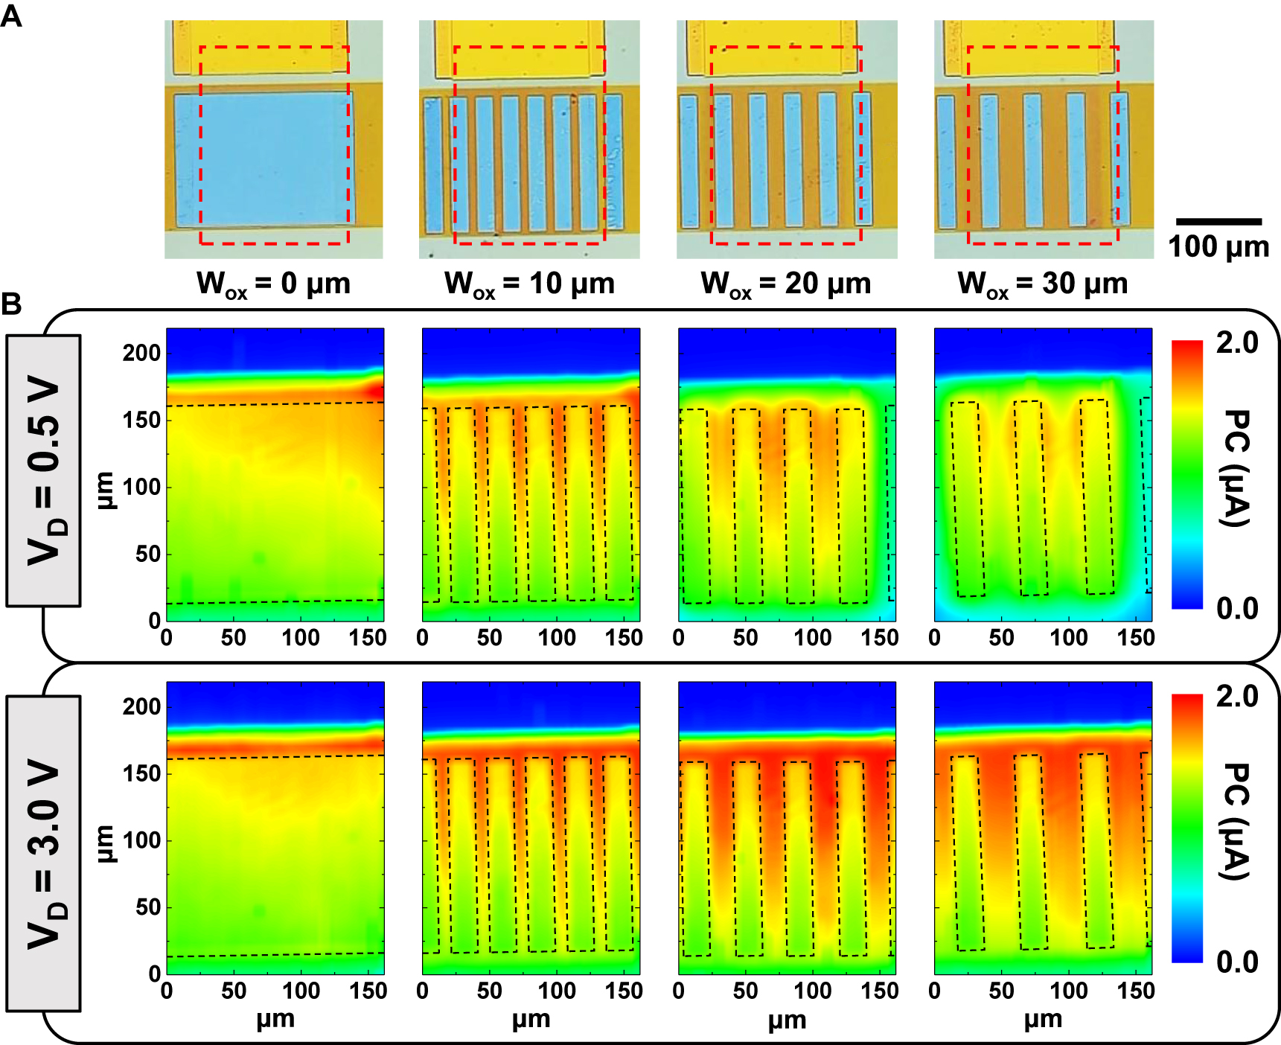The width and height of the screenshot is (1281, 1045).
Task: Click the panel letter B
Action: click(x=11, y=304)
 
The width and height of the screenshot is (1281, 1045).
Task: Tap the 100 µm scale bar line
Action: click(x=1218, y=222)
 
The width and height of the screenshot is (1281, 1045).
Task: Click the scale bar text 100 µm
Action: click(x=1218, y=247)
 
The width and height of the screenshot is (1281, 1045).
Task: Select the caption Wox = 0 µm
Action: click(x=273, y=284)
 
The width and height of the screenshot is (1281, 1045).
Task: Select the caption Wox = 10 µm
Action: click(x=529, y=284)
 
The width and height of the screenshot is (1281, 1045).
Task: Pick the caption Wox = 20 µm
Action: click(x=786, y=284)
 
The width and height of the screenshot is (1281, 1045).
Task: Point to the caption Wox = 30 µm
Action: click(x=1043, y=284)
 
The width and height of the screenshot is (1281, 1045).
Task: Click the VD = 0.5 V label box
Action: click(x=43, y=470)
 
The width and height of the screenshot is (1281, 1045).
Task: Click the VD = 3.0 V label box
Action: click(x=43, y=853)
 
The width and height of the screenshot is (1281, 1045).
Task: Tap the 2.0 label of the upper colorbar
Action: click(x=1237, y=343)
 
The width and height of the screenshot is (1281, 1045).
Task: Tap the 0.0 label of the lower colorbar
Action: click(x=1237, y=962)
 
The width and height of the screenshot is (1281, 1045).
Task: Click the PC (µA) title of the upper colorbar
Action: click(x=1236, y=469)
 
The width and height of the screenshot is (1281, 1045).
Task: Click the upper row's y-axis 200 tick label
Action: click(x=141, y=353)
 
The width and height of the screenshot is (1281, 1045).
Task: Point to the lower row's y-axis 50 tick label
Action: click(x=147, y=907)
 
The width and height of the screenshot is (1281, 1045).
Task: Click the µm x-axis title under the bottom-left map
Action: click(x=275, y=1020)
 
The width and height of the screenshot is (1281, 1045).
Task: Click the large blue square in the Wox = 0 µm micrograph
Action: click(x=262, y=159)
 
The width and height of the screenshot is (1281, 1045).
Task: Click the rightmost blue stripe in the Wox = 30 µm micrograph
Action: click(x=1119, y=159)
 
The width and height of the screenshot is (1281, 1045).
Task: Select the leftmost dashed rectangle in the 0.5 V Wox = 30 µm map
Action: click(x=968, y=499)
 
